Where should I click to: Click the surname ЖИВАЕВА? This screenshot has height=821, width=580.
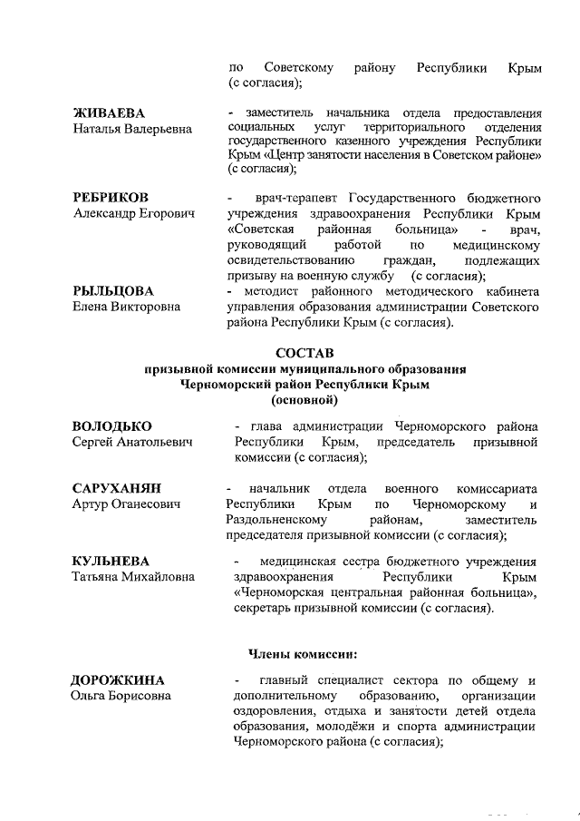[x=109, y=113]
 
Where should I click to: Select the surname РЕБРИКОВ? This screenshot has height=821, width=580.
[x=111, y=197]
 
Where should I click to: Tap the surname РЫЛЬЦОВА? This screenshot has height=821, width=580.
[x=112, y=290]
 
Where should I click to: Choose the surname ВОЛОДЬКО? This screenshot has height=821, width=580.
[x=112, y=425]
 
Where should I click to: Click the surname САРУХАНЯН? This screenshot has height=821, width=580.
[x=117, y=488]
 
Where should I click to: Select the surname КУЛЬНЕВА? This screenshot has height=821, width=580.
[x=111, y=561]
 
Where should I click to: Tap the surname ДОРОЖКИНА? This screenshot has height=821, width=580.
[x=118, y=679]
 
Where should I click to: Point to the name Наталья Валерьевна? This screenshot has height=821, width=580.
[x=131, y=130]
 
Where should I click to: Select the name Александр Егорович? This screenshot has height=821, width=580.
[x=133, y=213]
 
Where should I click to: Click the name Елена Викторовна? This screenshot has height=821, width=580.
[x=126, y=307]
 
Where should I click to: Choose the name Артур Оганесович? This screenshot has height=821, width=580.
[x=126, y=504]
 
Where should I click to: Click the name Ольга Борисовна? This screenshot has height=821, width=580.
[x=121, y=696]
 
